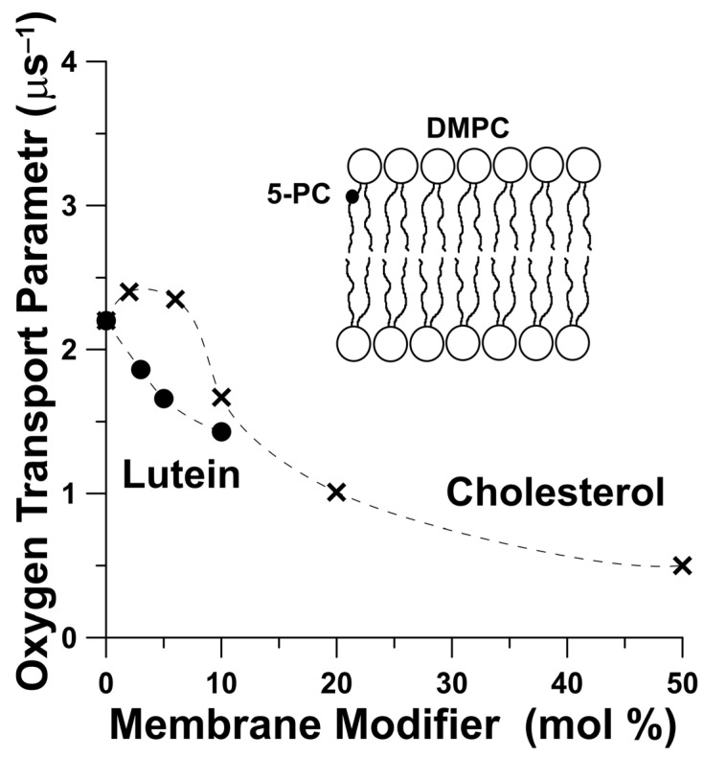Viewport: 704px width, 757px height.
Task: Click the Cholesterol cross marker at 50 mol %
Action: pyautogui.click(x=682, y=565)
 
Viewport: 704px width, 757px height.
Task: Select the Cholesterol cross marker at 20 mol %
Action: pyautogui.click(x=336, y=493)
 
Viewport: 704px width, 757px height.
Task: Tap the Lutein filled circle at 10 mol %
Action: pyautogui.click(x=221, y=431)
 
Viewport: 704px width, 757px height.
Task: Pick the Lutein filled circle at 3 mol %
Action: pyautogui.click(x=141, y=370)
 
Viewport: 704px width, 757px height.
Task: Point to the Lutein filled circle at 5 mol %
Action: pyautogui.click(x=164, y=399)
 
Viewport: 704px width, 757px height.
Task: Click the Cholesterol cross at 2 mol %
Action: pyautogui.click(x=129, y=291)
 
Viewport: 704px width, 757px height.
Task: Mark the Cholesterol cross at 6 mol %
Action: pyautogui.click(x=175, y=299)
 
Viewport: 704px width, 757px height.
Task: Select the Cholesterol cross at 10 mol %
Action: pyautogui.click(x=221, y=397)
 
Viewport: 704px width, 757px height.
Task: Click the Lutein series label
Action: pyautogui.click(x=180, y=472)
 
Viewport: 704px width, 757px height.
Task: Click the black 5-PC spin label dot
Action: pyautogui.click(x=352, y=196)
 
